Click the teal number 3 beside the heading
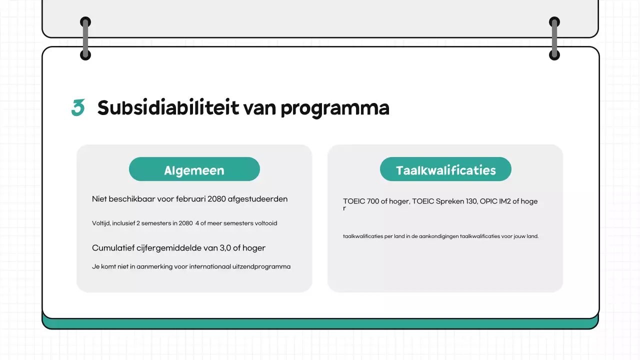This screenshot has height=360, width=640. [77, 108]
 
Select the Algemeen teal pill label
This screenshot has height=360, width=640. [194, 170]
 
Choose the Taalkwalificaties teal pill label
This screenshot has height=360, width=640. [445, 170]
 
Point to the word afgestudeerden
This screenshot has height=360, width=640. [257, 199]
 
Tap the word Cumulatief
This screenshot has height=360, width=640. [113, 248]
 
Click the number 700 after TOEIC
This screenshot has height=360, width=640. [373, 201]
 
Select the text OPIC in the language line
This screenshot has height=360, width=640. [487, 201]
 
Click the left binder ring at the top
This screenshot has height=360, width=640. [85, 38]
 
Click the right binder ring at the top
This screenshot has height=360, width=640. [554, 38]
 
